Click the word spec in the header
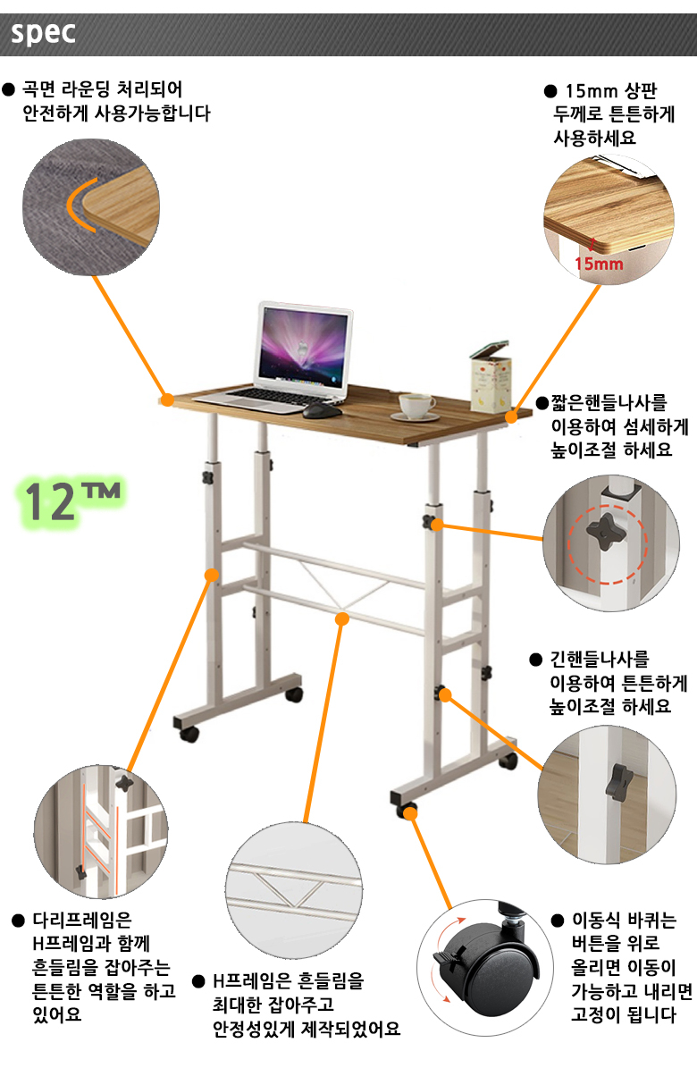[x=43, y=33]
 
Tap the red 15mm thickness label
[x=599, y=263]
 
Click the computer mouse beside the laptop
[x=316, y=411]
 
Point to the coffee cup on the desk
[x=415, y=407]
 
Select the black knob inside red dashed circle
[x=606, y=536]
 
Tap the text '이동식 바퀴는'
[x=625, y=921]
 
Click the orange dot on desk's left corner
[x=165, y=399]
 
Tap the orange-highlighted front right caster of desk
[x=409, y=811]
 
